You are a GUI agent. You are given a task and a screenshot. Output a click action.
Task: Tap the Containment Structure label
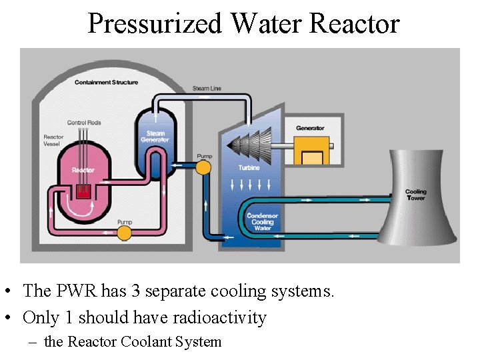coord(107,83)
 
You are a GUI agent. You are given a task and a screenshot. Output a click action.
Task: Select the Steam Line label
coord(207,89)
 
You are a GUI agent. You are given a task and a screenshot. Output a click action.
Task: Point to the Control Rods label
coord(83,123)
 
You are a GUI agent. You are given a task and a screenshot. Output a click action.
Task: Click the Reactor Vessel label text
coord(53,141)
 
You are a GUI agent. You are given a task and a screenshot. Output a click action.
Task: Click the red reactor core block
coord(83,192)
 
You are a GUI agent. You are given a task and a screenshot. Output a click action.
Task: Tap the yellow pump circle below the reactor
coord(123,232)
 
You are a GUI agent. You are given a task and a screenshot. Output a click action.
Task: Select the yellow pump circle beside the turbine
coord(204,165)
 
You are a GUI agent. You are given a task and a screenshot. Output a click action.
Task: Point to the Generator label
coord(310,128)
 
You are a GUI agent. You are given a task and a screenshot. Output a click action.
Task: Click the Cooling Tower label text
coord(415,195)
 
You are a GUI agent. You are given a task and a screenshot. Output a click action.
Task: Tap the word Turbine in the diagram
coord(249,167)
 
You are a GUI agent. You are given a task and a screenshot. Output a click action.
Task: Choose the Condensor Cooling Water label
coord(262,222)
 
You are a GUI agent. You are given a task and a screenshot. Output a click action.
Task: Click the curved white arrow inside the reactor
coord(78,212)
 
